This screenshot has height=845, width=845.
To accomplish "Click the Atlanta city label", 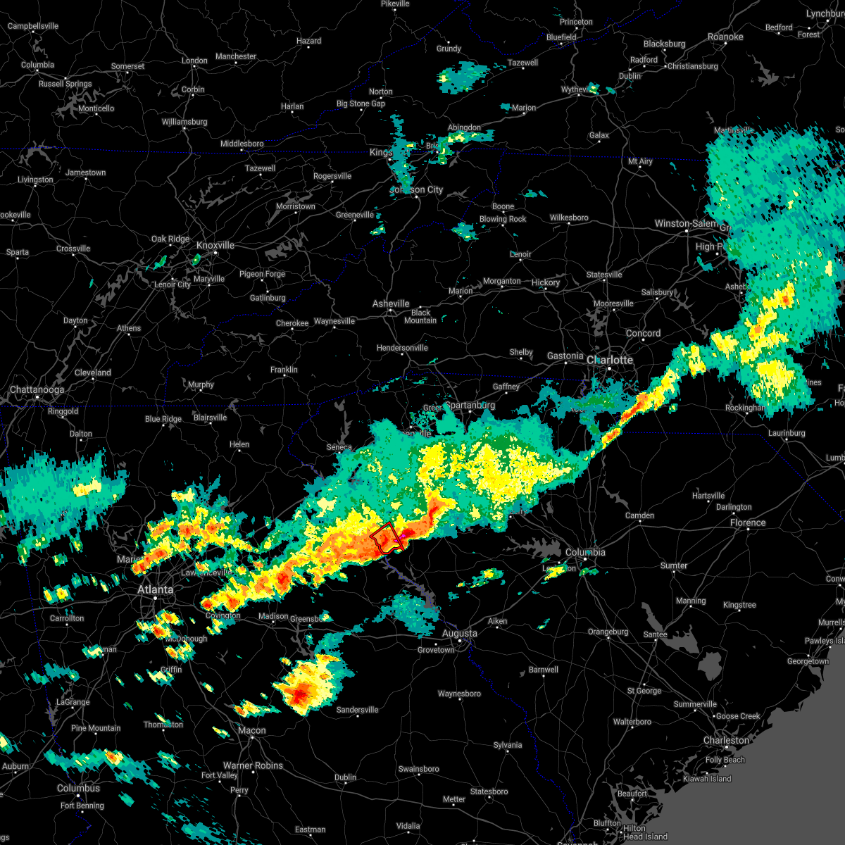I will coord(155,589).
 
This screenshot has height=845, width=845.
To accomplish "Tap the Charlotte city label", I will coord(610,360).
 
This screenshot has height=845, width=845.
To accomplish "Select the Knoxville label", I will coord(215,245).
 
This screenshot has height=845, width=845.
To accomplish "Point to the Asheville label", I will coord(391,303).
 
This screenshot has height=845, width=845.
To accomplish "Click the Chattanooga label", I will coord(37,389).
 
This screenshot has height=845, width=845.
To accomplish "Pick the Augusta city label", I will coord(459,633).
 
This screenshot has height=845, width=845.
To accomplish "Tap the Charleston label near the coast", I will coord(726,740).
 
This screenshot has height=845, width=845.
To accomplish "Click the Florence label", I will coord(748,522).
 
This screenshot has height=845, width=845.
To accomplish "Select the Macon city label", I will coord(251,730).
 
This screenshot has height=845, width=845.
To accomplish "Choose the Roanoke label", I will coord(725,37).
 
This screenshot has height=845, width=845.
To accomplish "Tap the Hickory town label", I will coord(546,282).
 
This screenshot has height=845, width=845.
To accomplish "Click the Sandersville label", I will coord(357,710).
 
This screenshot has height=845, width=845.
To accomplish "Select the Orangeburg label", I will coord(608,632).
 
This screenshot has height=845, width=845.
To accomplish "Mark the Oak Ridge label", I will coord(170,239).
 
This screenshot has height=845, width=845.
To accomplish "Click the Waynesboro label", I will coord(459,694).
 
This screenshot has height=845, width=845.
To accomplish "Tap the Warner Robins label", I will coord(253,765).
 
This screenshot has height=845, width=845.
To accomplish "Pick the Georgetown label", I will coord(808,661).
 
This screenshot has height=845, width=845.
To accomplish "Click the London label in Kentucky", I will coord(194,61).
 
